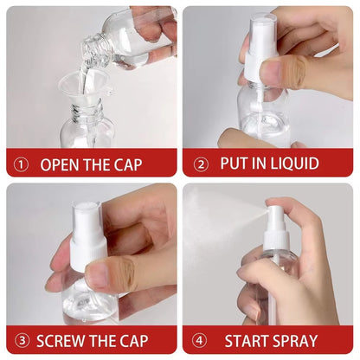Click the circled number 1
tap(22, 164)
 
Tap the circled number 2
tap(201, 164)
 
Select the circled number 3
tap(22, 340)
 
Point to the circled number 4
tap(201, 340)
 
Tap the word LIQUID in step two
tap(290, 164)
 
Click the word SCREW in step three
tap(67, 340)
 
